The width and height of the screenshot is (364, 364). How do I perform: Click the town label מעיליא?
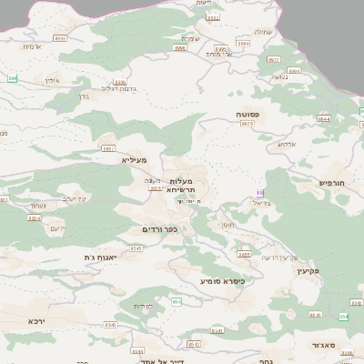pos(133,159)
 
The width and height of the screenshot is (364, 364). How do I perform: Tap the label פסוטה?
pos(249,116)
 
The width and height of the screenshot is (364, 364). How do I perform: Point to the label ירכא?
pos(35,320)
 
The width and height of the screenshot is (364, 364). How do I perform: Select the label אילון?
pos(51,80)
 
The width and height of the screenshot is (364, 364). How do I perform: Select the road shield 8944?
pos(324,118)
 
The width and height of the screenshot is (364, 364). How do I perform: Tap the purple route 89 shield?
pos(260,193)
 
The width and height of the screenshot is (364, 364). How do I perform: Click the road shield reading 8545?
pos(136,248)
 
